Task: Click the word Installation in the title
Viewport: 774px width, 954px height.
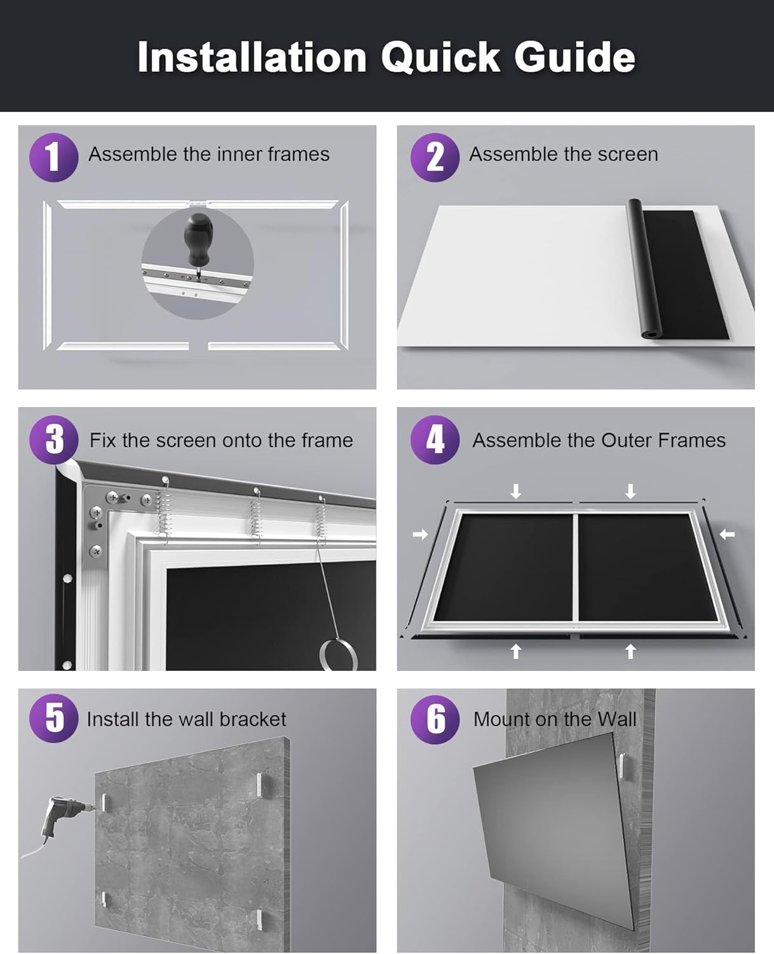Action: point(252,57)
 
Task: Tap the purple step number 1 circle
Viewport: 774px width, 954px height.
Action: point(53,157)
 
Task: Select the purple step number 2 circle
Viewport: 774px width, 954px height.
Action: point(435,157)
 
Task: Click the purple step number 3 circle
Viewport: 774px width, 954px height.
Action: point(54,439)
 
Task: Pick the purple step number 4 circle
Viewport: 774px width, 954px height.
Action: point(435,439)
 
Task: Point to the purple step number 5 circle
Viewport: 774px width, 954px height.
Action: point(54,719)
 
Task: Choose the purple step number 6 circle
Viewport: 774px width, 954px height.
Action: point(435,719)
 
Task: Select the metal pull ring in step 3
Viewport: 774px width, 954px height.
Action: point(337,654)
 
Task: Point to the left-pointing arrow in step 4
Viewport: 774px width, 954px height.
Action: point(727,535)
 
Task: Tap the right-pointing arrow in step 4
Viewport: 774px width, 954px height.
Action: point(420,535)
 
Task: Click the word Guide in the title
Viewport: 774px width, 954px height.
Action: point(574,57)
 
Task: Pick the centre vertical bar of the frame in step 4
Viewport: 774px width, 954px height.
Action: point(576,566)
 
